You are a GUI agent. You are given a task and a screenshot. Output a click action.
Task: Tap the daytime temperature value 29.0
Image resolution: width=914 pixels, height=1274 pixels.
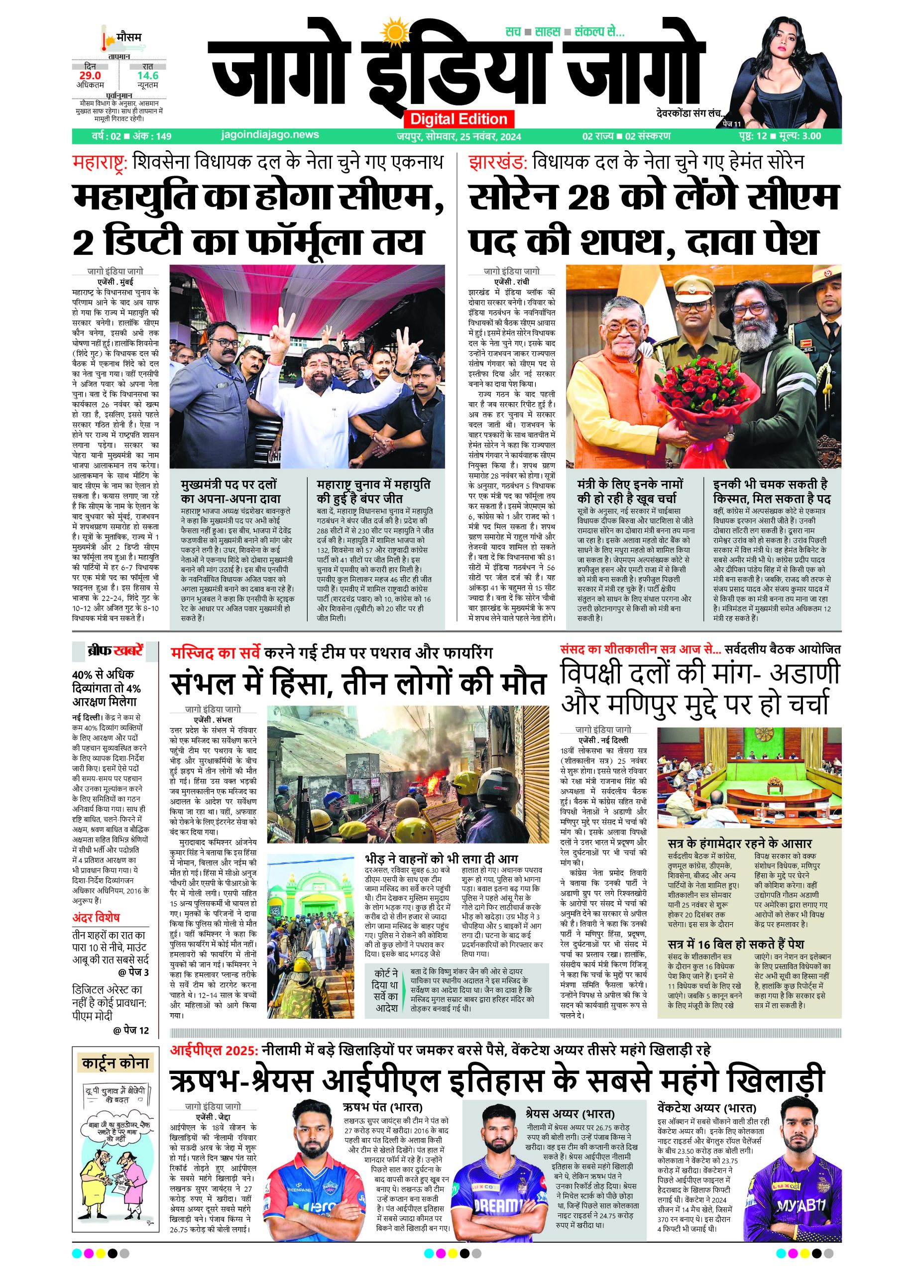(x=90, y=75)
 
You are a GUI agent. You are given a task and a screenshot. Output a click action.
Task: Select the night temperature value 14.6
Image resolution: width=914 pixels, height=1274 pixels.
(x=148, y=75)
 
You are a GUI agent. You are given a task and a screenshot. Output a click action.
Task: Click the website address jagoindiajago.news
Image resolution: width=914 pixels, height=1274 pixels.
(x=270, y=135)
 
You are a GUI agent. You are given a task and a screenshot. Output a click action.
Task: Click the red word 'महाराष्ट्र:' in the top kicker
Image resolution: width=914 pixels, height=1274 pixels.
(x=101, y=163)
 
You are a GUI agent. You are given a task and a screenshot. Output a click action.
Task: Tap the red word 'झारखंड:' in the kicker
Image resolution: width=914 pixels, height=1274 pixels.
(x=498, y=163)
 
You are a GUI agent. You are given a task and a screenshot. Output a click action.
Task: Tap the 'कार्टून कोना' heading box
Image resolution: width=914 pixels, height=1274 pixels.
(x=115, y=1063)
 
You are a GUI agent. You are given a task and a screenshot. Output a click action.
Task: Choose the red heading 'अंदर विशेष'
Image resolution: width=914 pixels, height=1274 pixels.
(x=96, y=917)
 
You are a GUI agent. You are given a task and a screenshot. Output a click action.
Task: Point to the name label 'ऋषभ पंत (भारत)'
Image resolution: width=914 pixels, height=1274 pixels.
(x=382, y=1108)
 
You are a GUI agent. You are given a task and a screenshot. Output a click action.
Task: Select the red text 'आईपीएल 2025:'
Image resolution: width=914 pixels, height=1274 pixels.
(x=214, y=1050)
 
